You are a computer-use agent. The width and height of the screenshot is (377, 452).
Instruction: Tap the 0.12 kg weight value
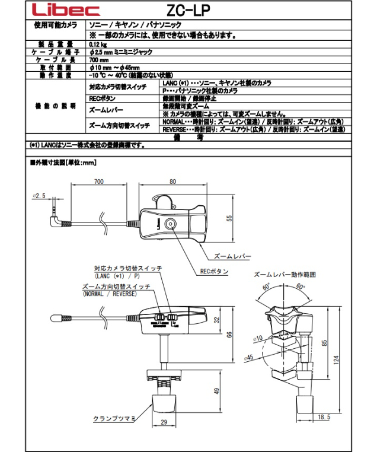(97, 44)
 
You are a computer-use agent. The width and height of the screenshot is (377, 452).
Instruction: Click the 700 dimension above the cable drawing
(98, 182)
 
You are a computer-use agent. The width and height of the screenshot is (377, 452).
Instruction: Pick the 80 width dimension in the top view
(172, 182)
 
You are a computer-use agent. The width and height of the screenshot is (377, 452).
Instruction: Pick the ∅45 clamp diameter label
(249, 357)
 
